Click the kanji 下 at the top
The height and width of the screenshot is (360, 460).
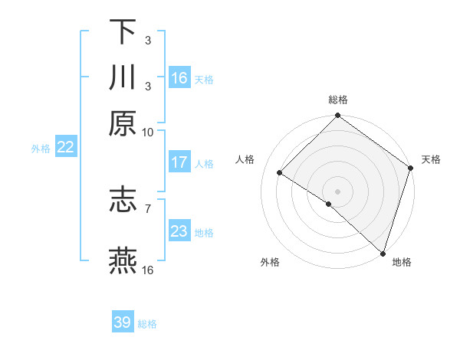(x=123, y=32)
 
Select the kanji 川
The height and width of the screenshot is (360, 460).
(x=123, y=77)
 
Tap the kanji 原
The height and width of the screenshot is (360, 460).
(x=123, y=123)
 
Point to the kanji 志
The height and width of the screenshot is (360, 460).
(x=123, y=200)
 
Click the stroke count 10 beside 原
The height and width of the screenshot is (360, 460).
(x=147, y=132)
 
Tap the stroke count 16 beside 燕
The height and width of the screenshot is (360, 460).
(x=147, y=270)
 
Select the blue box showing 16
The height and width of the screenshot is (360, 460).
(x=179, y=78)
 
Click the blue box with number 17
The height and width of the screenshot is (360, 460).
(x=179, y=162)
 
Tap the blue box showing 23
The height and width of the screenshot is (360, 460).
(x=179, y=231)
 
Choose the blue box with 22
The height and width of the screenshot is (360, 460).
(x=65, y=148)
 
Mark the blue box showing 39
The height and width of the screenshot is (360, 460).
(x=123, y=322)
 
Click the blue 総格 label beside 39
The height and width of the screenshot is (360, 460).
(x=147, y=324)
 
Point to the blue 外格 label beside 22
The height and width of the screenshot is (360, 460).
(x=41, y=149)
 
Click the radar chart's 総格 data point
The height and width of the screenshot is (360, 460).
(x=338, y=116)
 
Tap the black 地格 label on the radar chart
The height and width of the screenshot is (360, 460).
(x=402, y=263)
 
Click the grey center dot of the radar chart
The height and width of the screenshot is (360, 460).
(x=338, y=191)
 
